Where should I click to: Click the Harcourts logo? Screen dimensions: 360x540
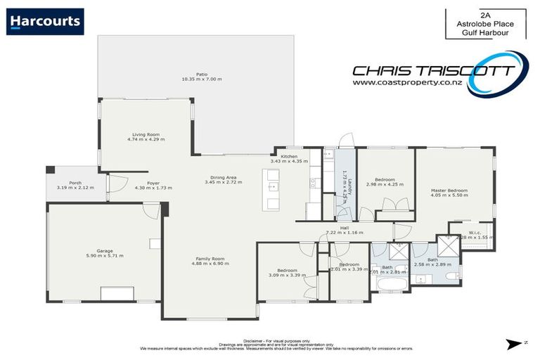(45, 21)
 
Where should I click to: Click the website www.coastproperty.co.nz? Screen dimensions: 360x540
(406, 83)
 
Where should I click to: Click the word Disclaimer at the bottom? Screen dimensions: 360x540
(255, 338)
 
